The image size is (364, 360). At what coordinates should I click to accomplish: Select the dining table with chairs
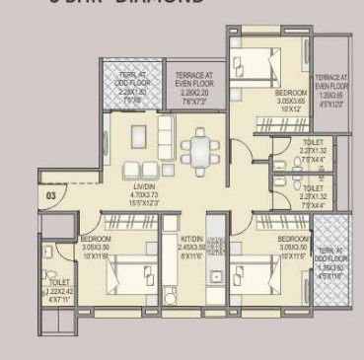200,148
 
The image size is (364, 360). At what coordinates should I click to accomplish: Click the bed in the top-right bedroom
259,67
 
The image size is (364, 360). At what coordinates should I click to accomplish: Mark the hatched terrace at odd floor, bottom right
328,258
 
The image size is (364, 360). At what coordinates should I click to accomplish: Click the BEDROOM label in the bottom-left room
97,239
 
